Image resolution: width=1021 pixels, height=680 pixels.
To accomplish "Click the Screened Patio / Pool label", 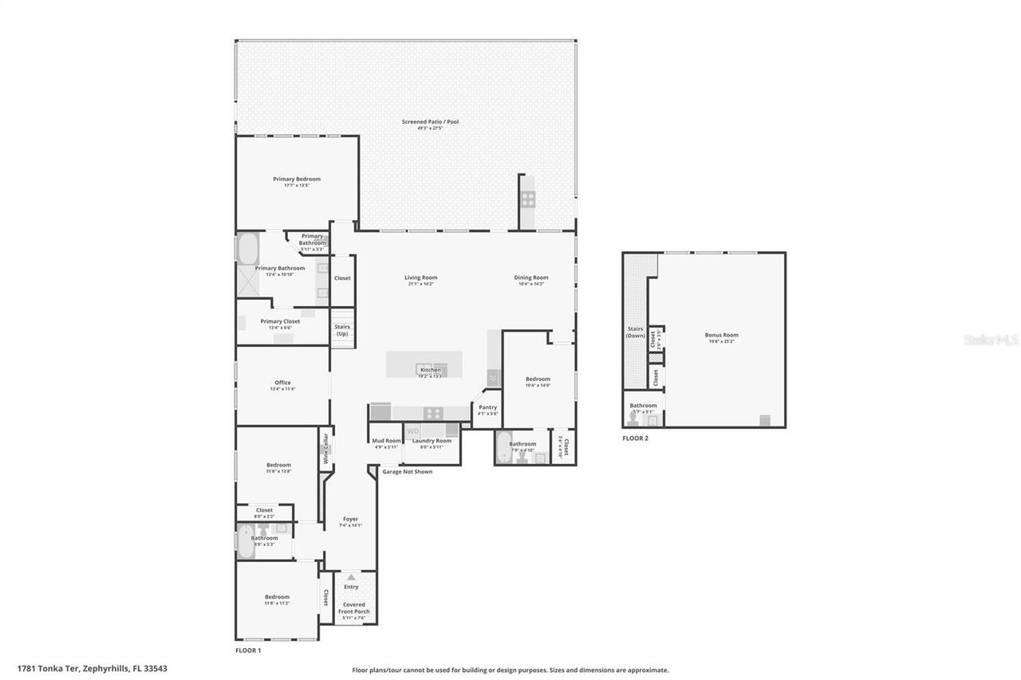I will coord(430,122).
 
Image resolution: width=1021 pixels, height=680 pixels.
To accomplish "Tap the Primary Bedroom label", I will coord(297,179).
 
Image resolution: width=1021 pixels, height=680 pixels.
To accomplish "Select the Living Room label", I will coord(420,278).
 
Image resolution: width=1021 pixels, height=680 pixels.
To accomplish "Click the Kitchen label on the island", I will coord(430,370).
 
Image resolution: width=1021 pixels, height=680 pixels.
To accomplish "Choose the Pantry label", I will coord(487,407).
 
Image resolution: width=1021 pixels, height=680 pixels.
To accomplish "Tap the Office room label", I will coord(282,383).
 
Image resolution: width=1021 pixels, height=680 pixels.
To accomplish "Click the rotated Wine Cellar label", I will coord(325,449).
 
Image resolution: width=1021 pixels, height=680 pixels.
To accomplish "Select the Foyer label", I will coord(350,519).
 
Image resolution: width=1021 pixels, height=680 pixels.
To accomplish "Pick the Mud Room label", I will coord(386,441).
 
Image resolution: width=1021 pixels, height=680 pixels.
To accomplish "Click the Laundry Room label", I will coord(432,441).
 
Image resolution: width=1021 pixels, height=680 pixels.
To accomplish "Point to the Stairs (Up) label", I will coord(342,330).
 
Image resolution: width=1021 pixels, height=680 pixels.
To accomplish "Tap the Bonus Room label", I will coord(721,336).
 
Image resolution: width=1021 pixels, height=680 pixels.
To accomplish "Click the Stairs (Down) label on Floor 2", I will coord(635,332).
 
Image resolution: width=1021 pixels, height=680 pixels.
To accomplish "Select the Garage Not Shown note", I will coord(407,471).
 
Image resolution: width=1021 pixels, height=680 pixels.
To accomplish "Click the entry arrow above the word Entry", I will coord(350,576).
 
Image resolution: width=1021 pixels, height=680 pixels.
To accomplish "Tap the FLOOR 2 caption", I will coord(635,438).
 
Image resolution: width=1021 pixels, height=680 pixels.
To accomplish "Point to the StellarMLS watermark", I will coord(991,340).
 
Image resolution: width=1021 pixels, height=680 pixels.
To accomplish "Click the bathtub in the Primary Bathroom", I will coord(247,247).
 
